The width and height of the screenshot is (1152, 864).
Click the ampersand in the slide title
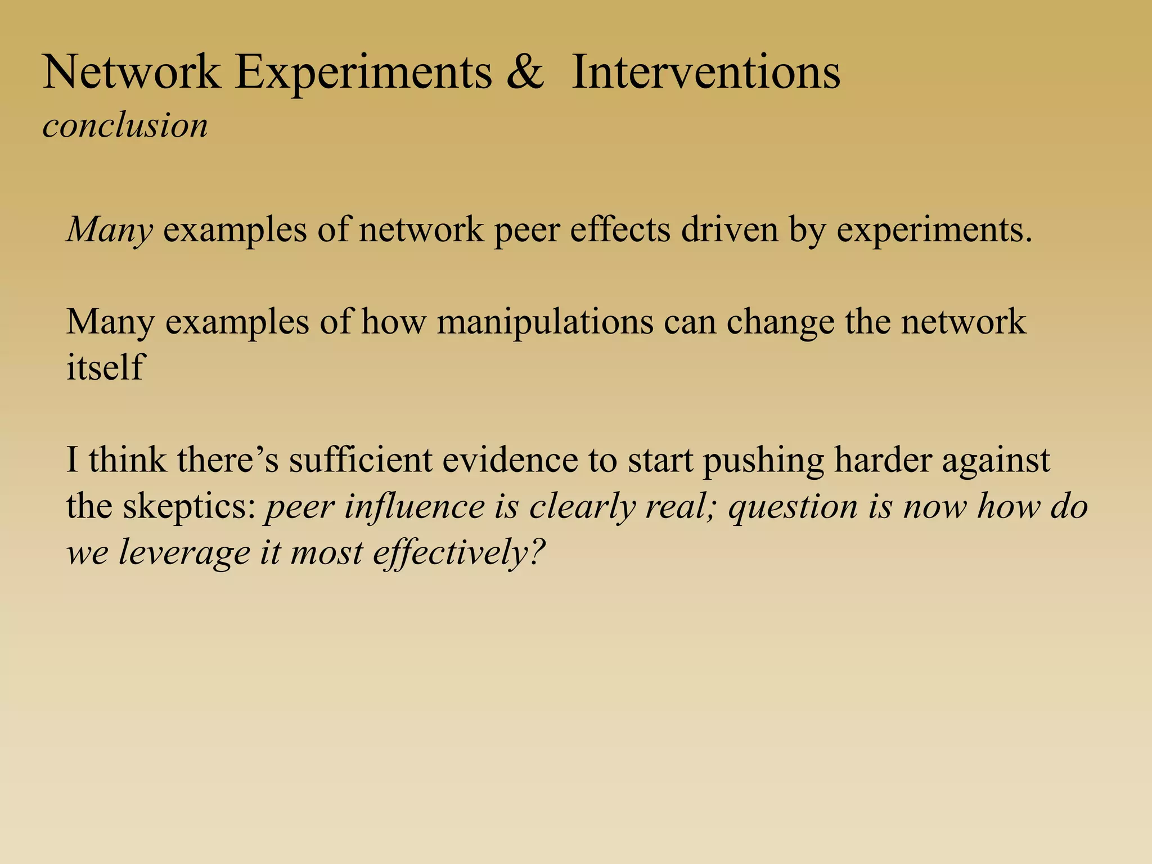pos(525,73)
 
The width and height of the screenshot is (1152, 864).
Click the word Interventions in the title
pos(705,73)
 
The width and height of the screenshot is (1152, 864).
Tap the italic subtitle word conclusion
pos(125,125)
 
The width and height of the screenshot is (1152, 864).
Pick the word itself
pos(106,367)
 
